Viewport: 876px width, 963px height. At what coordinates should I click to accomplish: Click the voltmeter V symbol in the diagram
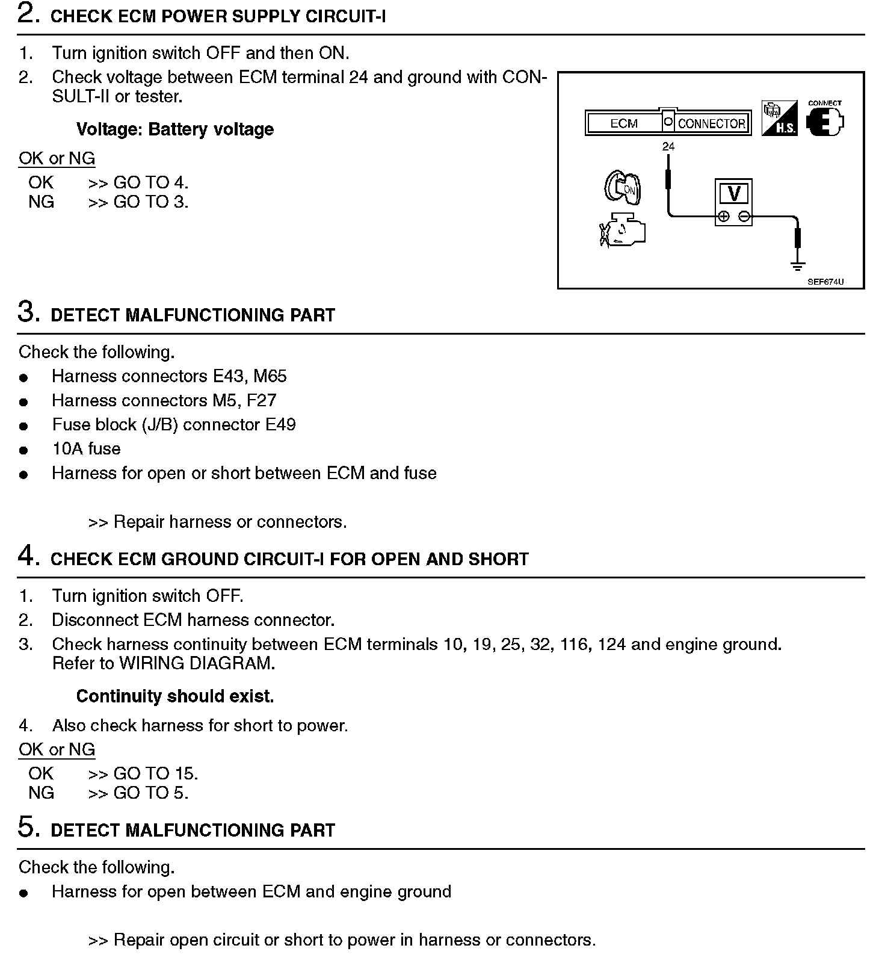tap(734, 194)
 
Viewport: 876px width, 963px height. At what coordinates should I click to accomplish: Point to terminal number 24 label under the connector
tap(668, 146)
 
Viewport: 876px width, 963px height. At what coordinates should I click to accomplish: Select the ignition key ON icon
tap(623, 188)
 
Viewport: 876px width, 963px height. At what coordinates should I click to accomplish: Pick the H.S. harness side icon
tap(779, 118)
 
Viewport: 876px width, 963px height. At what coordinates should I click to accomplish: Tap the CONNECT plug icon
tap(825, 122)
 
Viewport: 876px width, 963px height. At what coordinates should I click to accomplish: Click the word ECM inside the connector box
tap(623, 123)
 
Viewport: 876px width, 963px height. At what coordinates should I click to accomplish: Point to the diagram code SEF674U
tap(825, 282)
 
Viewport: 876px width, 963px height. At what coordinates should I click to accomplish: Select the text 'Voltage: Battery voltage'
tap(174, 129)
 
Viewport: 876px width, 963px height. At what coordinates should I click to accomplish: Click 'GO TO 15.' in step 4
tap(155, 773)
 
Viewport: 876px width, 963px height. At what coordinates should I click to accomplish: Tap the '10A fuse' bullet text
tap(86, 449)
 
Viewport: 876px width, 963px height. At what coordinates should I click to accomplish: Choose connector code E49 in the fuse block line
tap(280, 425)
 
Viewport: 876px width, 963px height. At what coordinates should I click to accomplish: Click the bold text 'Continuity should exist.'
tap(174, 696)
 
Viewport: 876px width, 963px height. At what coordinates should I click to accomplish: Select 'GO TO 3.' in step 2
tap(150, 202)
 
